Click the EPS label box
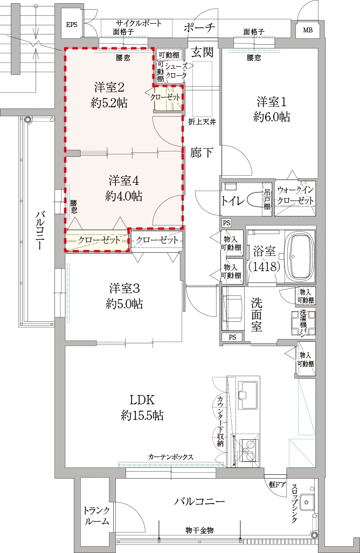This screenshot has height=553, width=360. tap(72, 25)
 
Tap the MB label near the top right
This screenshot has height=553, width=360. tap(308, 30)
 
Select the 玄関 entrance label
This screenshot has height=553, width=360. tap(203, 52)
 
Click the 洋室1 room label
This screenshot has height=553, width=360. tap(272, 102)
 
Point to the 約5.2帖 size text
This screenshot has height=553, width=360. tap(109, 103)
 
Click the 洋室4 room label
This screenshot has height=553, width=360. tap(124, 181)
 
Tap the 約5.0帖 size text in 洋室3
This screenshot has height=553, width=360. tap(124, 303)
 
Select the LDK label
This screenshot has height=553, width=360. tap(142, 400)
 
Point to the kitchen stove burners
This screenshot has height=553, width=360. tap(249, 448)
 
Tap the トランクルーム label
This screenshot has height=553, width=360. tap(96, 516)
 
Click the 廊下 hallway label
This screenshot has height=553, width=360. tap(202, 153)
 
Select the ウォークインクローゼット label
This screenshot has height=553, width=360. tap(295, 195)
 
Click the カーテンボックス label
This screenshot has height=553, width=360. tap(171, 457)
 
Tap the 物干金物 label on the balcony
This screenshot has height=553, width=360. tap(199, 530)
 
